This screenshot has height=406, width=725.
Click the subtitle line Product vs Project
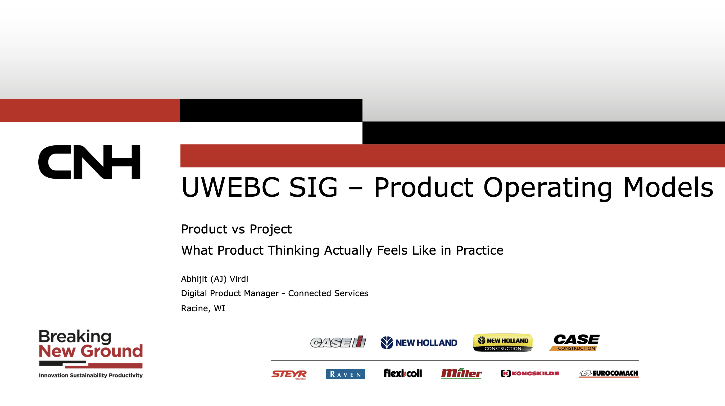tap(236, 229)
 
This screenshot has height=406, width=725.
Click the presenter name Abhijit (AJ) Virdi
tap(215, 279)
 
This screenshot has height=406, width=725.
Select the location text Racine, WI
tap(203, 308)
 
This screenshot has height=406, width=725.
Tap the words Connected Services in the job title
tap(328, 293)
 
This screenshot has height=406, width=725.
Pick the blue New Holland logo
tap(419, 343)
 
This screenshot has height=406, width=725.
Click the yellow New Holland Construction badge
tap(503, 343)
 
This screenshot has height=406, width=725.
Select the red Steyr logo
tap(289, 375)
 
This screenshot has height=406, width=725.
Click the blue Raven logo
tap(345, 374)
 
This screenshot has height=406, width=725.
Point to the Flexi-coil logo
tap(403, 373)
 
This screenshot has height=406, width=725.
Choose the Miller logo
tap(461, 374)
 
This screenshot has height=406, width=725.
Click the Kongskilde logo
tap(530, 374)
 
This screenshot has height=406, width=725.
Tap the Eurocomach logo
tap(609, 374)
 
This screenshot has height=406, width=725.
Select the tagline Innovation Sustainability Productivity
tap(90, 375)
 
